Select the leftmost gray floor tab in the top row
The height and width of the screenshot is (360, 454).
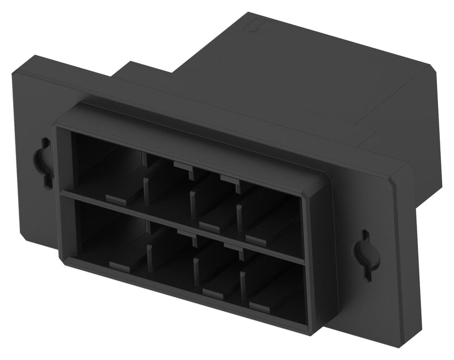[117, 198]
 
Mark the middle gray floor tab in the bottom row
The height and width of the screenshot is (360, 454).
[212, 292]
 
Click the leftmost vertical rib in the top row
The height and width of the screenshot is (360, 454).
[146, 190]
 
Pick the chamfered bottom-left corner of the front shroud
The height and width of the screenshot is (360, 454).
[63, 260]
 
